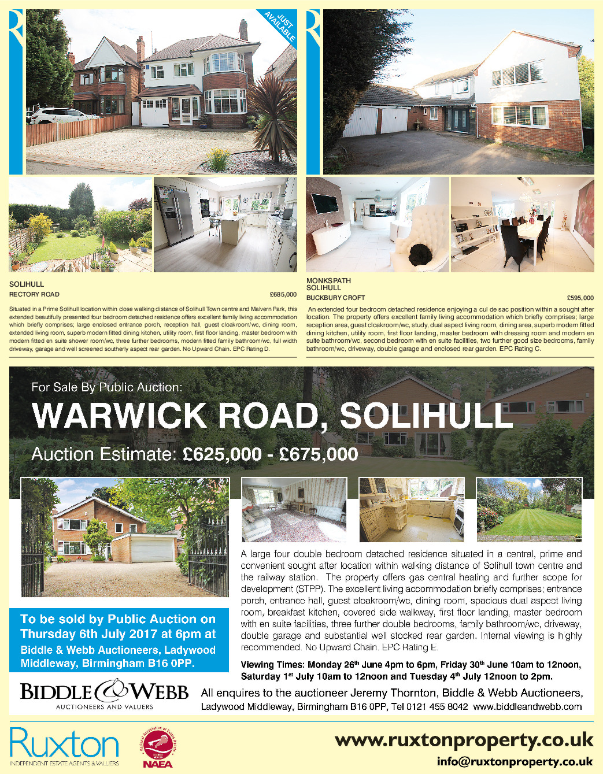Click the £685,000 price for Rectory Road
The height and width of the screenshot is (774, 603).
(x=283, y=294)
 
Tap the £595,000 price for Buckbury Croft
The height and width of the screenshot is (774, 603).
(x=580, y=298)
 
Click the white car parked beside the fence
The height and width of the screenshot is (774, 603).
(x=61, y=116)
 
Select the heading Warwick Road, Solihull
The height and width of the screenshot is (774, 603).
(x=272, y=415)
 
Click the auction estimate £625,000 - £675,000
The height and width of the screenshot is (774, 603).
(x=270, y=454)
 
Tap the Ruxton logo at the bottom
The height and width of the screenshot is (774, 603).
(x=64, y=746)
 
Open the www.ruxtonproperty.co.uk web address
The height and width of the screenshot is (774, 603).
(x=464, y=740)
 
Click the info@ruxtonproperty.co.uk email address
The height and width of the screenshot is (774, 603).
(x=515, y=761)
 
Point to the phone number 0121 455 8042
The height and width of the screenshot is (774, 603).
(x=436, y=706)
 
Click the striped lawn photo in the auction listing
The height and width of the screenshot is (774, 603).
(x=529, y=509)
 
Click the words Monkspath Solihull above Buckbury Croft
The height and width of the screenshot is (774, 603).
(x=328, y=284)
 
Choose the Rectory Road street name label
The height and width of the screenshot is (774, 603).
(x=34, y=294)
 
